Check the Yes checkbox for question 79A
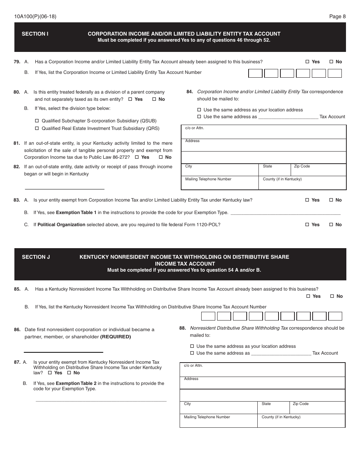(x=307, y=62)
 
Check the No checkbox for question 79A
(x=331, y=62)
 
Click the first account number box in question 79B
(x=255, y=73)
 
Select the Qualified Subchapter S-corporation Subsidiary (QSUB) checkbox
(x=37, y=121)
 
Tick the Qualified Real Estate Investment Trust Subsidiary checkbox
(x=37, y=128)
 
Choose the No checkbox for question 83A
(x=331, y=200)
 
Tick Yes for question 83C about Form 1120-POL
(x=307, y=225)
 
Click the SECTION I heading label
(x=35, y=34)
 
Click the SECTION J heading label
(x=36, y=257)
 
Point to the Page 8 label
(x=337, y=16)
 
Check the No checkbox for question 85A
(x=332, y=296)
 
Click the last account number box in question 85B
(x=335, y=316)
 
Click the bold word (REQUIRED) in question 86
(x=116, y=337)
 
